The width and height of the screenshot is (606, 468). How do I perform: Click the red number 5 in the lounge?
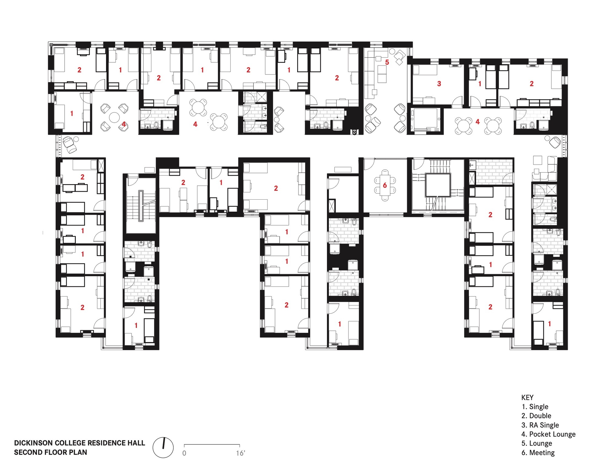pos(387,62)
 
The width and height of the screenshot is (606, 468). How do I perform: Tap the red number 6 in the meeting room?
pos(385,185)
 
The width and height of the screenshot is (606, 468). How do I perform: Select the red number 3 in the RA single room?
pos(439,84)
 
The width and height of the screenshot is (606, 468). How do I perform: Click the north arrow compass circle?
pos(163,447)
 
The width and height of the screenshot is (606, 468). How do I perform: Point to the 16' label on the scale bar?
pos(240,453)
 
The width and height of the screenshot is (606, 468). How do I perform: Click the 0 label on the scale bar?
pos(184,453)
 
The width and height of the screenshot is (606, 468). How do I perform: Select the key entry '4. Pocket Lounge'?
pos(548,434)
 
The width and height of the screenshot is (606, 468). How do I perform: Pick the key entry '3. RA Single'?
pos(540,425)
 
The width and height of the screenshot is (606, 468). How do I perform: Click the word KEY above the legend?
pos(527,397)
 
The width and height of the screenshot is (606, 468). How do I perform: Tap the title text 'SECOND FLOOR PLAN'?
pos(50,452)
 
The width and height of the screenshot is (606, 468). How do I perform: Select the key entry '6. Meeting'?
pos(538,453)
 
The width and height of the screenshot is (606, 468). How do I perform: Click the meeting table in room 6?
pos(385,185)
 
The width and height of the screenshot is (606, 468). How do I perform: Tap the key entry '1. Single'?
pos(535,407)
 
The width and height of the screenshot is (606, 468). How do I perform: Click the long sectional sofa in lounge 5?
pos(369,76)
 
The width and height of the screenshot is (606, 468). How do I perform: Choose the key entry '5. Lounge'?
pos(537,443)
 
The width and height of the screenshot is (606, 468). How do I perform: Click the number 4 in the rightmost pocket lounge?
pos(478,122)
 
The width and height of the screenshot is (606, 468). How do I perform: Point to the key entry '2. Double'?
pos(536,416)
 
